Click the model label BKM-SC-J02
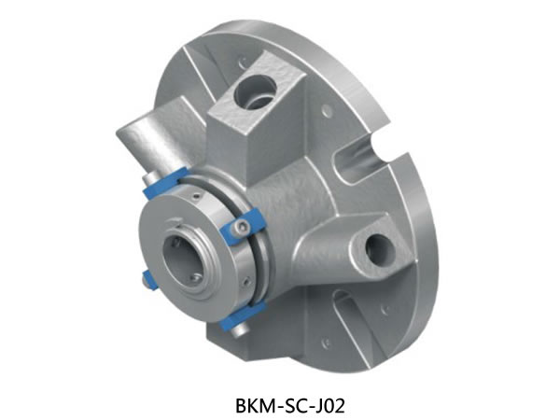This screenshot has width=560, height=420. pos(290,406)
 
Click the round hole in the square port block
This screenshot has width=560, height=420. pos(255,92)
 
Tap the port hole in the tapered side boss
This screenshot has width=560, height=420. pos(381,251)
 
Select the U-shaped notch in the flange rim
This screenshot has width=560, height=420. pos(360,157)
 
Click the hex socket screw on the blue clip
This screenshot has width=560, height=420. pos(242,227)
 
